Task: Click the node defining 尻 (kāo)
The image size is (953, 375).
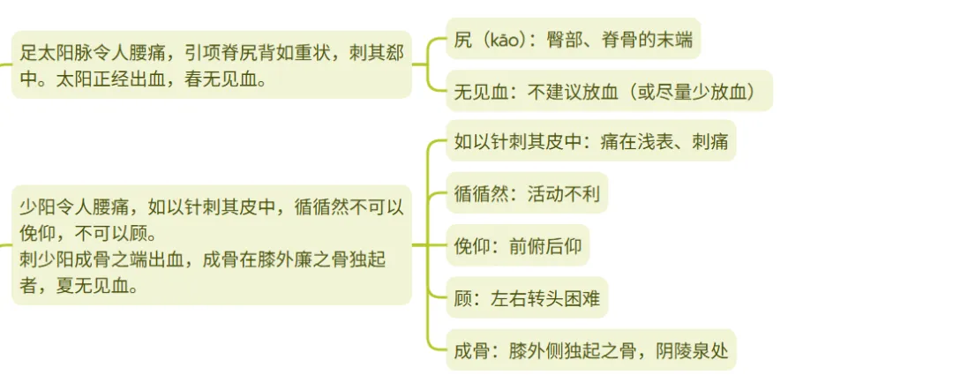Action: [x=573, y=39]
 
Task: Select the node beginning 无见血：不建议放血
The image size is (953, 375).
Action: [x=609, y=91]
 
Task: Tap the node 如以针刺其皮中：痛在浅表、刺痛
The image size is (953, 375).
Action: [x=590, y=141]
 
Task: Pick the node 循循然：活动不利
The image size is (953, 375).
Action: [x=527, y=193]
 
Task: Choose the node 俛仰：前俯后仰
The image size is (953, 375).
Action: [x=517, y=245]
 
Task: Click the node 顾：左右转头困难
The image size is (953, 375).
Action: [x=527, y=298]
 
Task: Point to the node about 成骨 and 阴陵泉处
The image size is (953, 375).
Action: [x=590, y=350]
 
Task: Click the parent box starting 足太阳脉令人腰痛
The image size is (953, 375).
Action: [x=212, y=65]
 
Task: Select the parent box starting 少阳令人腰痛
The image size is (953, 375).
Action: [x=212, y=246]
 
